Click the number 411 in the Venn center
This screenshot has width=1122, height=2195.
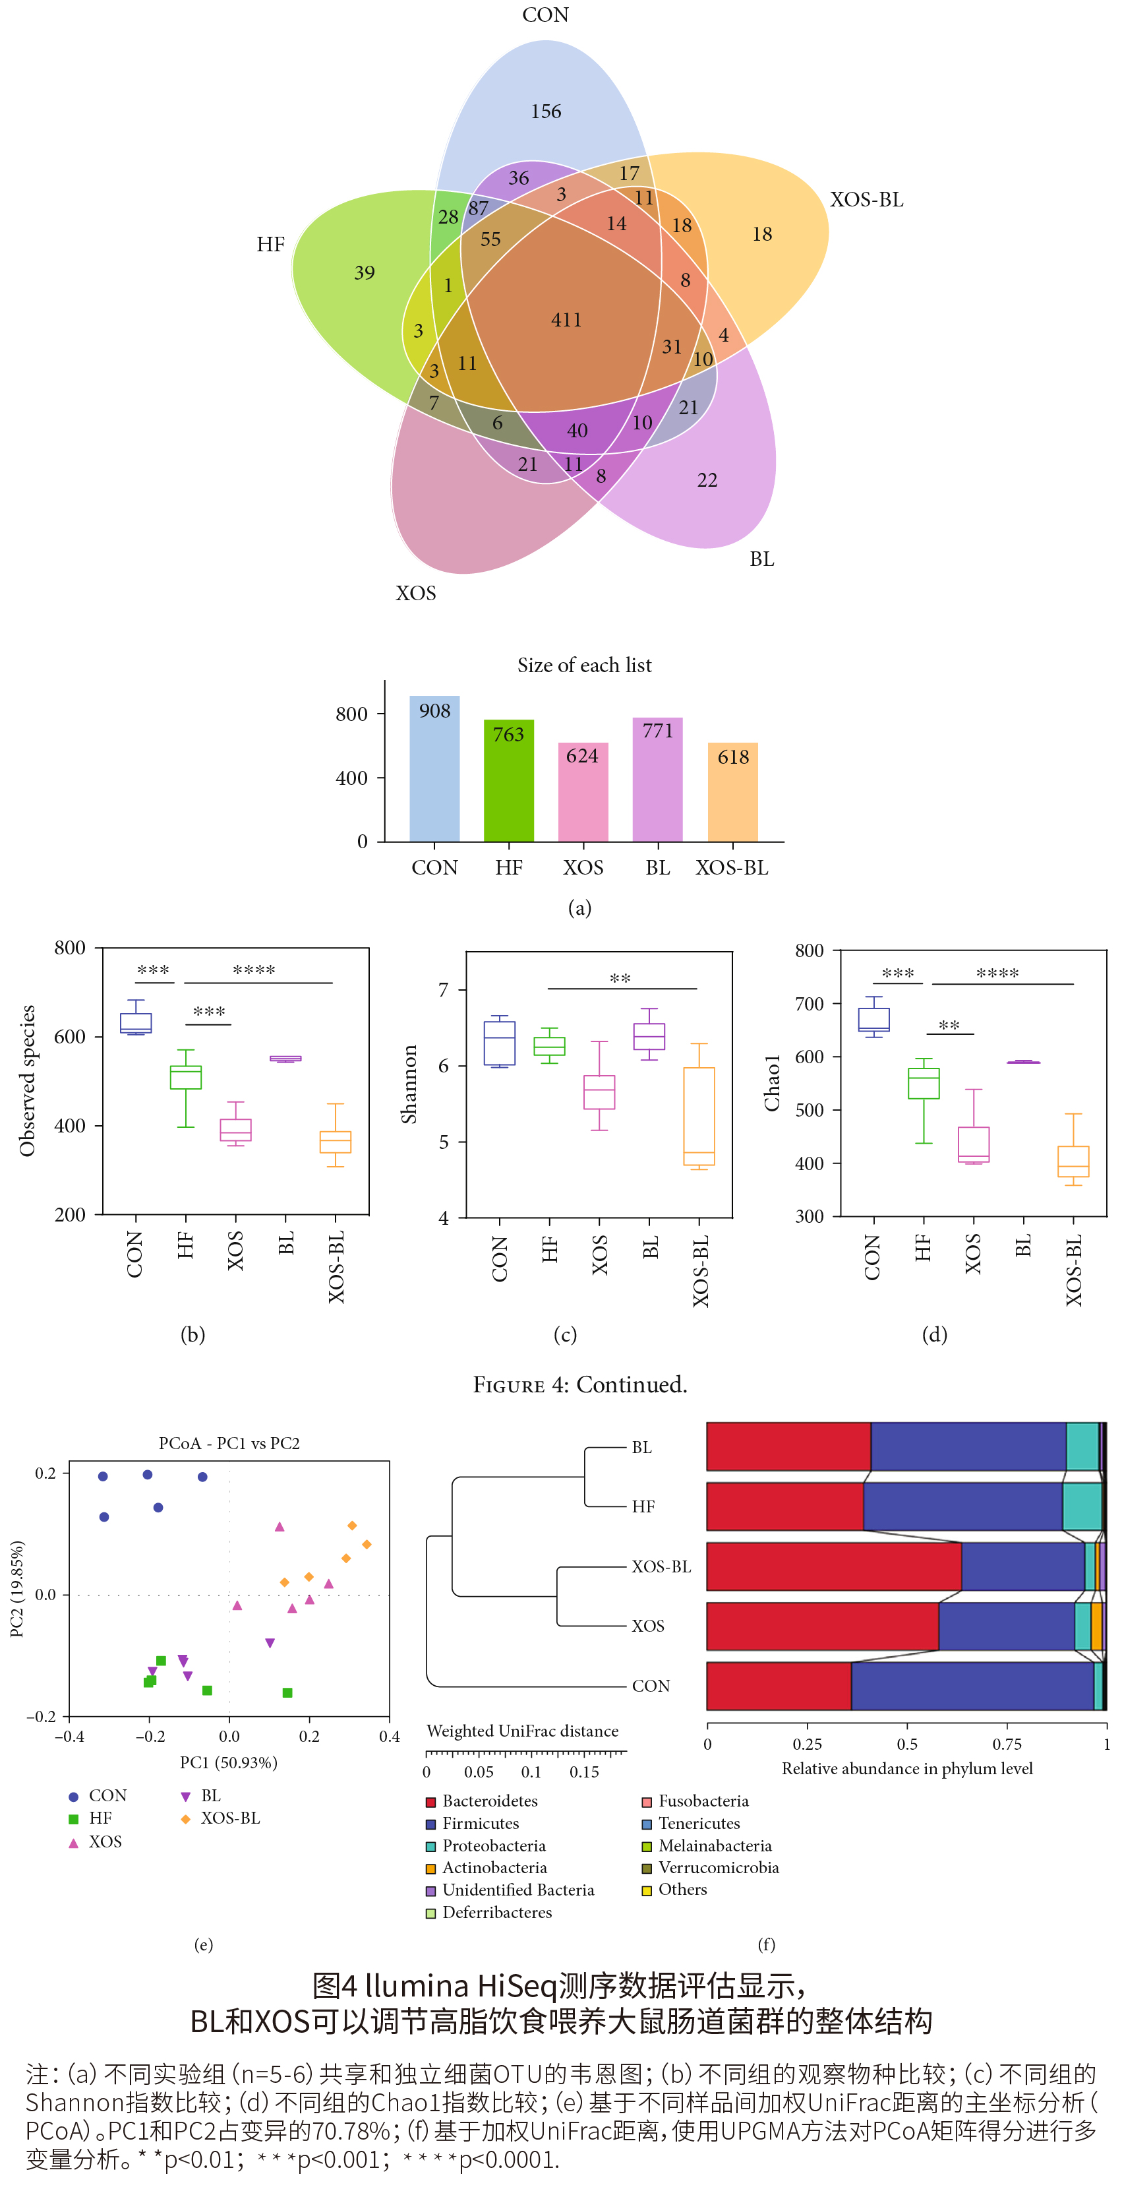[x=566, y=321]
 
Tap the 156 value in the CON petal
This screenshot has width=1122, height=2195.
[x=545, y=111]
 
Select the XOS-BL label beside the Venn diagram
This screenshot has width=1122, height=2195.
[x=866, y=199]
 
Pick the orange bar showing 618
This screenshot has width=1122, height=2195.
[x=732, y=791]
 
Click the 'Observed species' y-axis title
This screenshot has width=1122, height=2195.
[x=27, y=1080]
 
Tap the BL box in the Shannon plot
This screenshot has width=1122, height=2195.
[x=649, y=1036]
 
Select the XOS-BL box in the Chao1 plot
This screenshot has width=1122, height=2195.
[x=1073, y=1161]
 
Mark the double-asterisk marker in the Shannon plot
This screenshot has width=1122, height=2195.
[x=620, y=979]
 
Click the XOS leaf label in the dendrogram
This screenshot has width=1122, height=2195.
[x=647, y=1626]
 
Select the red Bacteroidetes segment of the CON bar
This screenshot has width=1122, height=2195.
[x=778, y=1685]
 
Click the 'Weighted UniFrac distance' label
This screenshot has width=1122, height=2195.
[x=522, y=1731]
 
